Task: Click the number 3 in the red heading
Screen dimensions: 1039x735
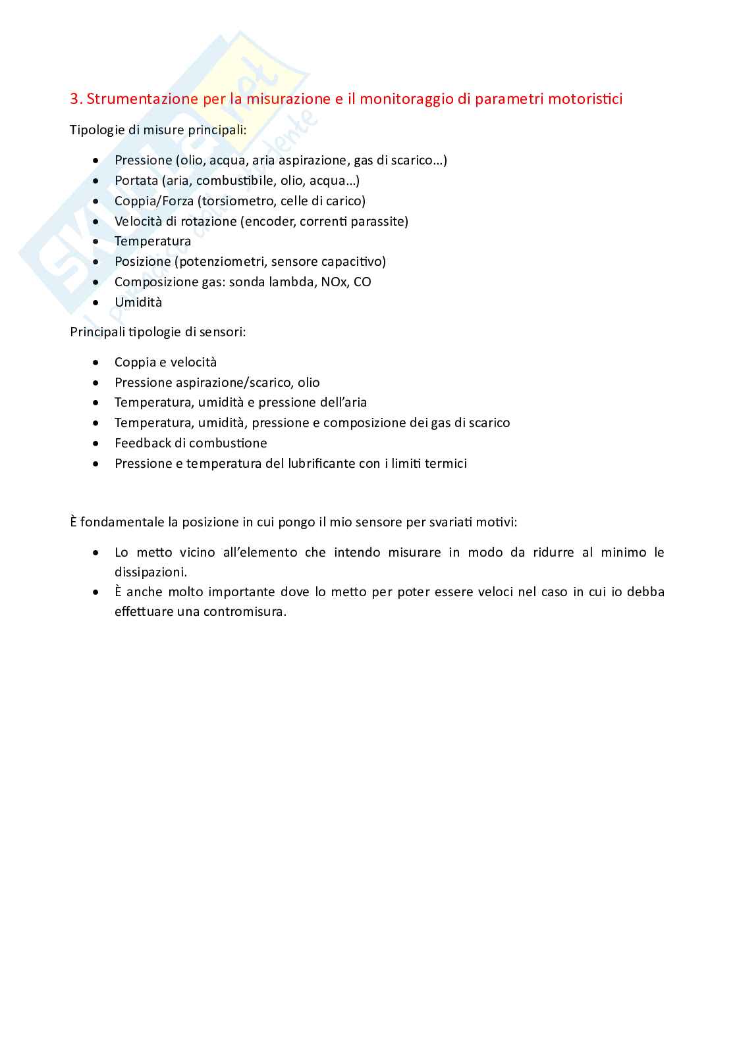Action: [x=74, y=99]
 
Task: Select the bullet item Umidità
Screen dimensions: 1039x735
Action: [x=138, y=303]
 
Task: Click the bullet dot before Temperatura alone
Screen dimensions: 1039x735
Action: [x=97, y=241]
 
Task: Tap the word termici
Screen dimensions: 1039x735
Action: [x=446, y=464]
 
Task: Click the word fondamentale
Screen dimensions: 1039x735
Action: [x=122, y=522]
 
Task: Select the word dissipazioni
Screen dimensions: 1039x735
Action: [x=151, y=572]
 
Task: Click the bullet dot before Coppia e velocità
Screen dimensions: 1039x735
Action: [x=97, y=363]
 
